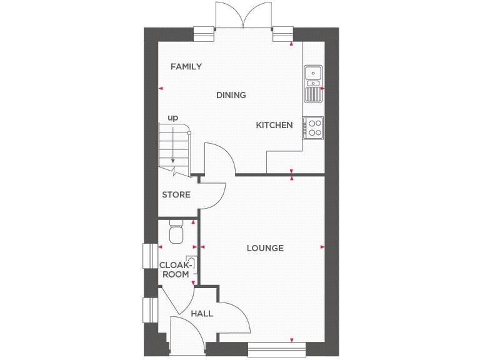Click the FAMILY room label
pyautogui.click(x=186, y=66)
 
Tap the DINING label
pyautogui.click(x=231, y=95)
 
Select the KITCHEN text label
pyautogui.click(x=274, y=125)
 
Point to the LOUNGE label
pyautogui.click(x=264, y=248)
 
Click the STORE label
pyautogui.click(x=176, y=195)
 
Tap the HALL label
pyautogui.click(x=202, y=313)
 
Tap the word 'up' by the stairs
pyautogui.click(x=172, y=117)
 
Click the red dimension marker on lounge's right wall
pyautogui.click(x=322, y=247)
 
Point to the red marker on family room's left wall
pyautogui.click(x=160, y=89)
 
